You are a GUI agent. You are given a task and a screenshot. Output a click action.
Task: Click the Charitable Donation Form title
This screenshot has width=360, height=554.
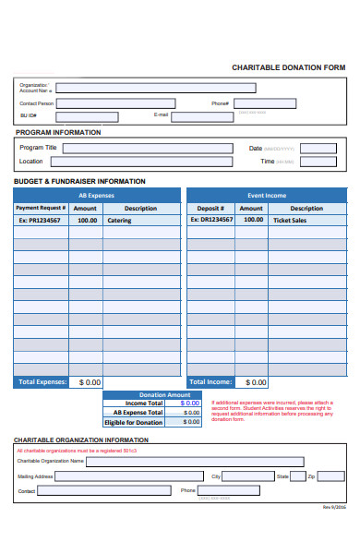click(288, 67)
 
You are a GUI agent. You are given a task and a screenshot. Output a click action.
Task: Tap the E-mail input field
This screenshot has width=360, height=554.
click(202, 116)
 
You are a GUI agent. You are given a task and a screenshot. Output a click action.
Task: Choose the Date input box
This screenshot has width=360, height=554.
click(318, 148)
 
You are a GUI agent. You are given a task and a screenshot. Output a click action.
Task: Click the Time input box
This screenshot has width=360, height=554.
click(318, 162)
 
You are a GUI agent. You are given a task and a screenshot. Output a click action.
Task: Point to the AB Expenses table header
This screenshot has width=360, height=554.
click(96, 196)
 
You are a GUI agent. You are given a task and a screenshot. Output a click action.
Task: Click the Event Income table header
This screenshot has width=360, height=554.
click(267, 196)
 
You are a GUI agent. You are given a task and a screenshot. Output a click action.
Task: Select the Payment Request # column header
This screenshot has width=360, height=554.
click(41, 209)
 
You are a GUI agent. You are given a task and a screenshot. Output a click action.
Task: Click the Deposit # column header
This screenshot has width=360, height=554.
click(210, 209)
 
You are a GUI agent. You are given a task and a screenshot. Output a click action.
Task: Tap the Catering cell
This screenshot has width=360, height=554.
click(141, 221)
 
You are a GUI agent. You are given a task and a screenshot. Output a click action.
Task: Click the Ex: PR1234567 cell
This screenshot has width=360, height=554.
click(41, 221)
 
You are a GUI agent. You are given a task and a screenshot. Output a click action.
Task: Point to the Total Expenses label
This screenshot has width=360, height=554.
click(40, 381)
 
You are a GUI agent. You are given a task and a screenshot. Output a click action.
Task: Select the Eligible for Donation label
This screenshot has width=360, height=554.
click(133, 422)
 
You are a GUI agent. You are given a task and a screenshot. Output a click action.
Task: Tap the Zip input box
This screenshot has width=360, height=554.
click(331, 476)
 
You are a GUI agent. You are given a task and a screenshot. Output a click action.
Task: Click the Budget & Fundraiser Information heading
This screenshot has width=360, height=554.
click(79, 181)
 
